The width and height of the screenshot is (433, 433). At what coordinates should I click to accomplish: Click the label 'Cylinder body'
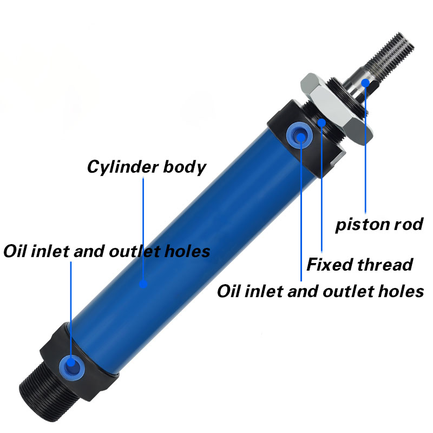click(147, 167)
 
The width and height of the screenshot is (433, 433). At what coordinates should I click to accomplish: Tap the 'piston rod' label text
click(379, 224)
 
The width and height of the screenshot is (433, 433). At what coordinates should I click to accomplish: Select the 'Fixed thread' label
click(359, 265)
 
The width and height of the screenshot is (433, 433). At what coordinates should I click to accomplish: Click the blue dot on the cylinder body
click(143, 284)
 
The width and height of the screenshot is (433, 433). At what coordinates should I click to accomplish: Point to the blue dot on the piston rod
click(365, 83)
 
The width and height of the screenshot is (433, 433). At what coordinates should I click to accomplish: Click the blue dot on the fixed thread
click(322, 122)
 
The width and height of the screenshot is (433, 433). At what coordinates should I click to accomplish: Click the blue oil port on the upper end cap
click(299, 135)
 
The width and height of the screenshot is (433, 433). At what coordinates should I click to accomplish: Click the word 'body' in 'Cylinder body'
click(185, 167)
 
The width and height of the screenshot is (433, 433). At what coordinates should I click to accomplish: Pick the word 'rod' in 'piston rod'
click(409, 224)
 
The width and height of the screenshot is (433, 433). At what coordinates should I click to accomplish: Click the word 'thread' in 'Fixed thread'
click(385, 265)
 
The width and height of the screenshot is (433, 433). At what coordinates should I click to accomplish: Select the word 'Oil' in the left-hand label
click(15, 251)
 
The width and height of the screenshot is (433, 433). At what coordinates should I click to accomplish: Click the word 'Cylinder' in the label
click(123, 167)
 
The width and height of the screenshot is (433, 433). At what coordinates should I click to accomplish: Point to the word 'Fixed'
click(330, 265)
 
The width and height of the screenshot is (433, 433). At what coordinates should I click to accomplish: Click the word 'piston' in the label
click(362, 225)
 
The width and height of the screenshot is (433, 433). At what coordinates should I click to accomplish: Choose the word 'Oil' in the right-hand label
click(228, 291)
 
